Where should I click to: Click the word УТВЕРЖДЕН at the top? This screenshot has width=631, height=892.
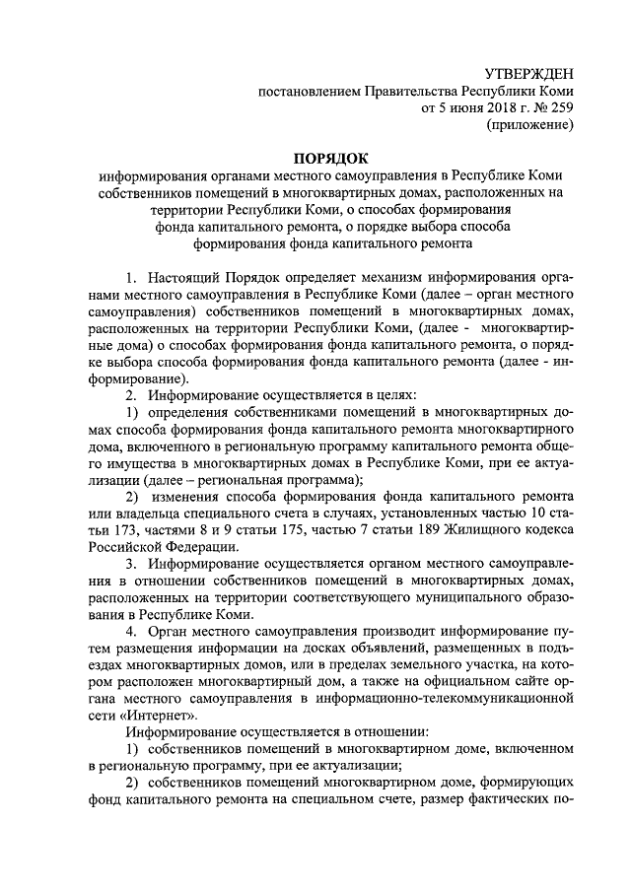coord(528,75)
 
